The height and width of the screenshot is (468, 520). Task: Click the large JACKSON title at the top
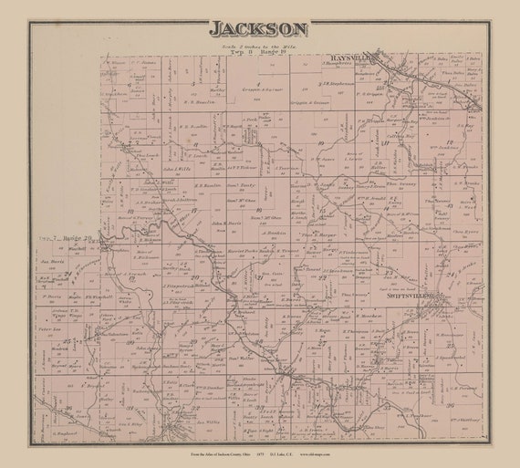(x=258, y=28)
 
